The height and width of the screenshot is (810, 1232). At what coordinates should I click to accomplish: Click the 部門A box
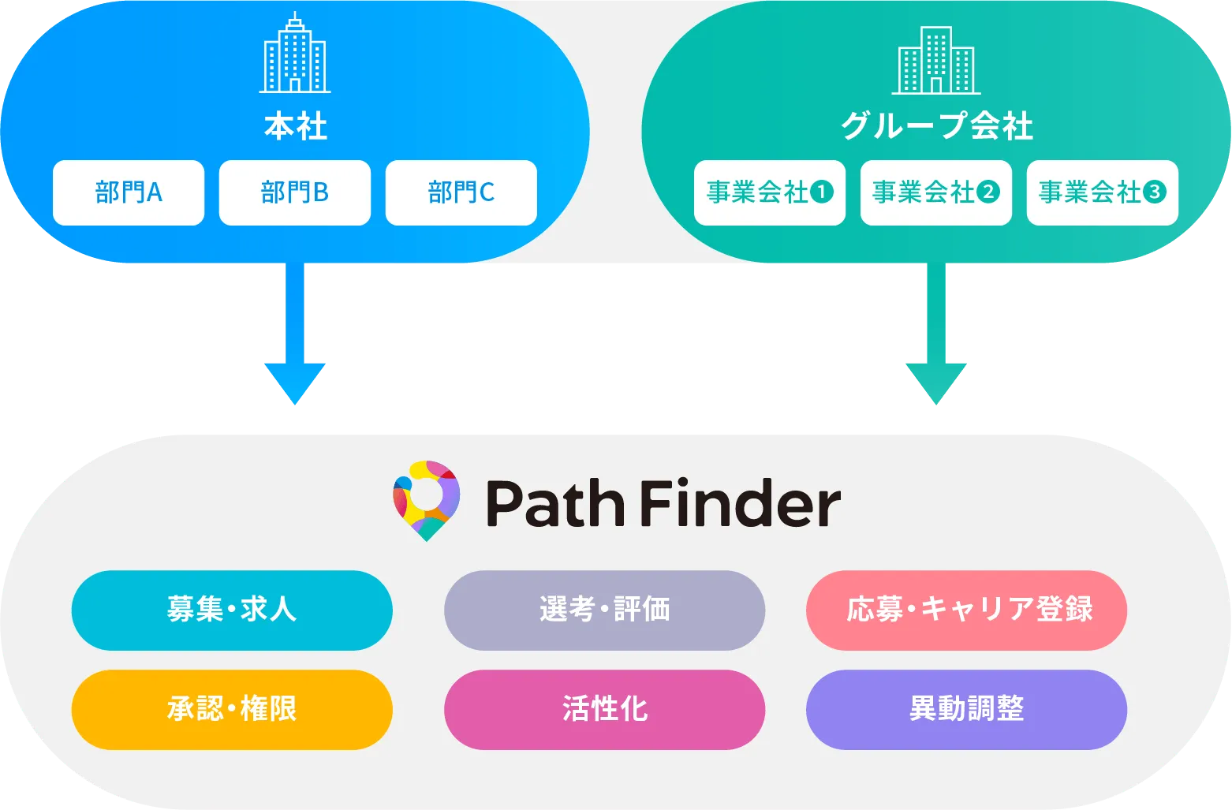(x=129, y=192)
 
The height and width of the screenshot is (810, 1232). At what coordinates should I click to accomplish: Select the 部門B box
(x=295, y=192)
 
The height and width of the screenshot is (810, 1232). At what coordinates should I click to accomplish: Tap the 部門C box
(x=461, y=192)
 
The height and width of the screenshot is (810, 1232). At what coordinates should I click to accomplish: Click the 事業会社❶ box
(x=770, y=192)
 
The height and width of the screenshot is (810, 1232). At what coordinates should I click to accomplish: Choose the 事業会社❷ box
(x=936, y=192)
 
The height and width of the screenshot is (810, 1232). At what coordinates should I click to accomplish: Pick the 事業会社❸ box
(x=1102, y=192)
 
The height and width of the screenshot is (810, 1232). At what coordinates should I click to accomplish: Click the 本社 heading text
(x=295, y=127)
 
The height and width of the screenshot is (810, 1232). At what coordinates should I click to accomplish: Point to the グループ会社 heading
(x=936, y=126)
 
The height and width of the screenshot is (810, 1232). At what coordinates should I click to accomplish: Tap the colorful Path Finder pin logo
(x=426, y=500)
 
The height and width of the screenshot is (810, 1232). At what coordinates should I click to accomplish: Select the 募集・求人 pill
(x=232, y=610)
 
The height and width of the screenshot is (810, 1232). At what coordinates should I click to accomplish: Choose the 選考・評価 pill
(x=604, y=610)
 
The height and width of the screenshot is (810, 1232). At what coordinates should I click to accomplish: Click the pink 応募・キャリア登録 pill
(x=966, y=610)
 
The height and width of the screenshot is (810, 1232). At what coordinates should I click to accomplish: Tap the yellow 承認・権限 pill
(x=232, y=709)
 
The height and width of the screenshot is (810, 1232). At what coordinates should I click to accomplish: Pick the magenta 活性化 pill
(x=604, y=709)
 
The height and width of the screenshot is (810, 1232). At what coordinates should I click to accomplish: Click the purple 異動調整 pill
(x=966, y=709)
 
